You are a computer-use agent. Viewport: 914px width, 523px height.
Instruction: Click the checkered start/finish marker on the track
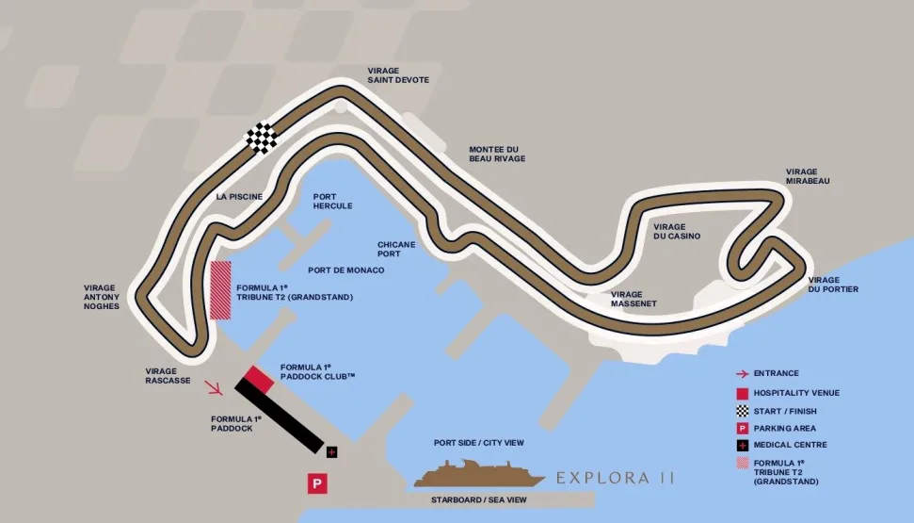pos(263,138)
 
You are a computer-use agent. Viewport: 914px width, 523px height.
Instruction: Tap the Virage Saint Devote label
pos(398,75)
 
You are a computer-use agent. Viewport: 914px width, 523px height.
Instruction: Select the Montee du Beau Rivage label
pos(497,154)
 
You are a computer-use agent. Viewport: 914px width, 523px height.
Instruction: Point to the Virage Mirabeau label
pos(808,176)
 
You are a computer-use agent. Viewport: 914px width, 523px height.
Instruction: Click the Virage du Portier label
pos(833,285)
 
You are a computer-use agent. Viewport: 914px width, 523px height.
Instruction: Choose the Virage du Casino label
pos(677,231)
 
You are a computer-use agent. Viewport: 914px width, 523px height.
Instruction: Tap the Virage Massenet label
pos(633,299)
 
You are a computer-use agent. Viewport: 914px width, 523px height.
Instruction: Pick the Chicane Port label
pos(396,249)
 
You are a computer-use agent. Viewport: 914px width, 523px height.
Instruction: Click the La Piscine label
pos(239,197)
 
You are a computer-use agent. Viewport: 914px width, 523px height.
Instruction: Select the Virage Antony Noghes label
pos(102,297)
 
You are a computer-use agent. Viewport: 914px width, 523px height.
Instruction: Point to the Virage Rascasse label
pos(168,376)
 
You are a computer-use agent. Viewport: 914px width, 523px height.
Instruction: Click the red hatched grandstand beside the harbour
pos(220,290)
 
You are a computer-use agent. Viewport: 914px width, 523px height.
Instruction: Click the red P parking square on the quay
pos(317,483)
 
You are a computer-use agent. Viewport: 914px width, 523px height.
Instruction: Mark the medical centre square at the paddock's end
pos(331,452)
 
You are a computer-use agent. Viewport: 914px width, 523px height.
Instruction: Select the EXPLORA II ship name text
pos(616,478)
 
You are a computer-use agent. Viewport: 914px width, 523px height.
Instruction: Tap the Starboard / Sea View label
pos(478,500)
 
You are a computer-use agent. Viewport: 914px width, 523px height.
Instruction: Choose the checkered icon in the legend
pos(743,411)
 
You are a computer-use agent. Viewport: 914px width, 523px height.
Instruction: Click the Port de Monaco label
pos(345,270)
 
